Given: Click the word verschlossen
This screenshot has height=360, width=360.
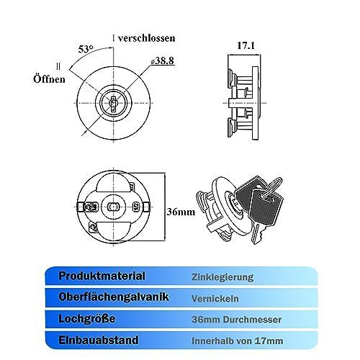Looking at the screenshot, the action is (x=146, y=38).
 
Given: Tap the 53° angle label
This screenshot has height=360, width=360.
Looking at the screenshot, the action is (x=86, y=49).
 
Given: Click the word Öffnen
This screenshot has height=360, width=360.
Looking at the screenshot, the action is (x=49, y=78).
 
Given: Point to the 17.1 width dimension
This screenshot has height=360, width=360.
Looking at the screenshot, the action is (x=246, y=45).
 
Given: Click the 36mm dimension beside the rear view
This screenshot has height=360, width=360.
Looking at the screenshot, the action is (x=181, y=212).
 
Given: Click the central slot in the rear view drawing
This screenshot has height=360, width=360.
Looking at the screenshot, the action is (x=113, y=206).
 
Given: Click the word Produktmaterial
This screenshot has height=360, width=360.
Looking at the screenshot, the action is (x=102, y=276).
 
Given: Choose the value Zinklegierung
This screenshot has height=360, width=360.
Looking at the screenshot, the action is (x=222, y=277).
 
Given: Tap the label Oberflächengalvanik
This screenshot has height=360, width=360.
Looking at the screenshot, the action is (x=114, y=297).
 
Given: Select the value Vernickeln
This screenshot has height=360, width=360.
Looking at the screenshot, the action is (x=215, y=299).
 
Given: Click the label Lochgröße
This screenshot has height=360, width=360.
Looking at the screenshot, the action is (x=87, y=319).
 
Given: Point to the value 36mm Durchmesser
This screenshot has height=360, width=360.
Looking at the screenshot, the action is (x=237, y=320).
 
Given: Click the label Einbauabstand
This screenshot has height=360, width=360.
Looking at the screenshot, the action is (x=99, y=340).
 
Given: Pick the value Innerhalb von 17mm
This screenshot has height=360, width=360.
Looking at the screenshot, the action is (x=238, y=341).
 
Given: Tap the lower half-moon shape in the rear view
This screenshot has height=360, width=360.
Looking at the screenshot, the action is (x=113, y=230).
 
